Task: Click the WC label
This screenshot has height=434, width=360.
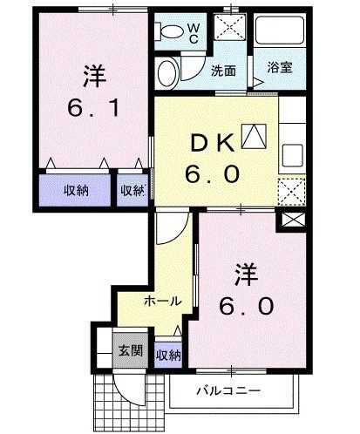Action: [194, 32]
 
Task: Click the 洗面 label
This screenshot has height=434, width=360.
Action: [224, 71]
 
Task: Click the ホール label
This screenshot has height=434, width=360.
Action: [162, 301]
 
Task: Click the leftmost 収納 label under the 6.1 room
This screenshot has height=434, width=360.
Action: [77, 191]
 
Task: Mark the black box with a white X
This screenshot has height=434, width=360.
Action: [290, 221]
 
